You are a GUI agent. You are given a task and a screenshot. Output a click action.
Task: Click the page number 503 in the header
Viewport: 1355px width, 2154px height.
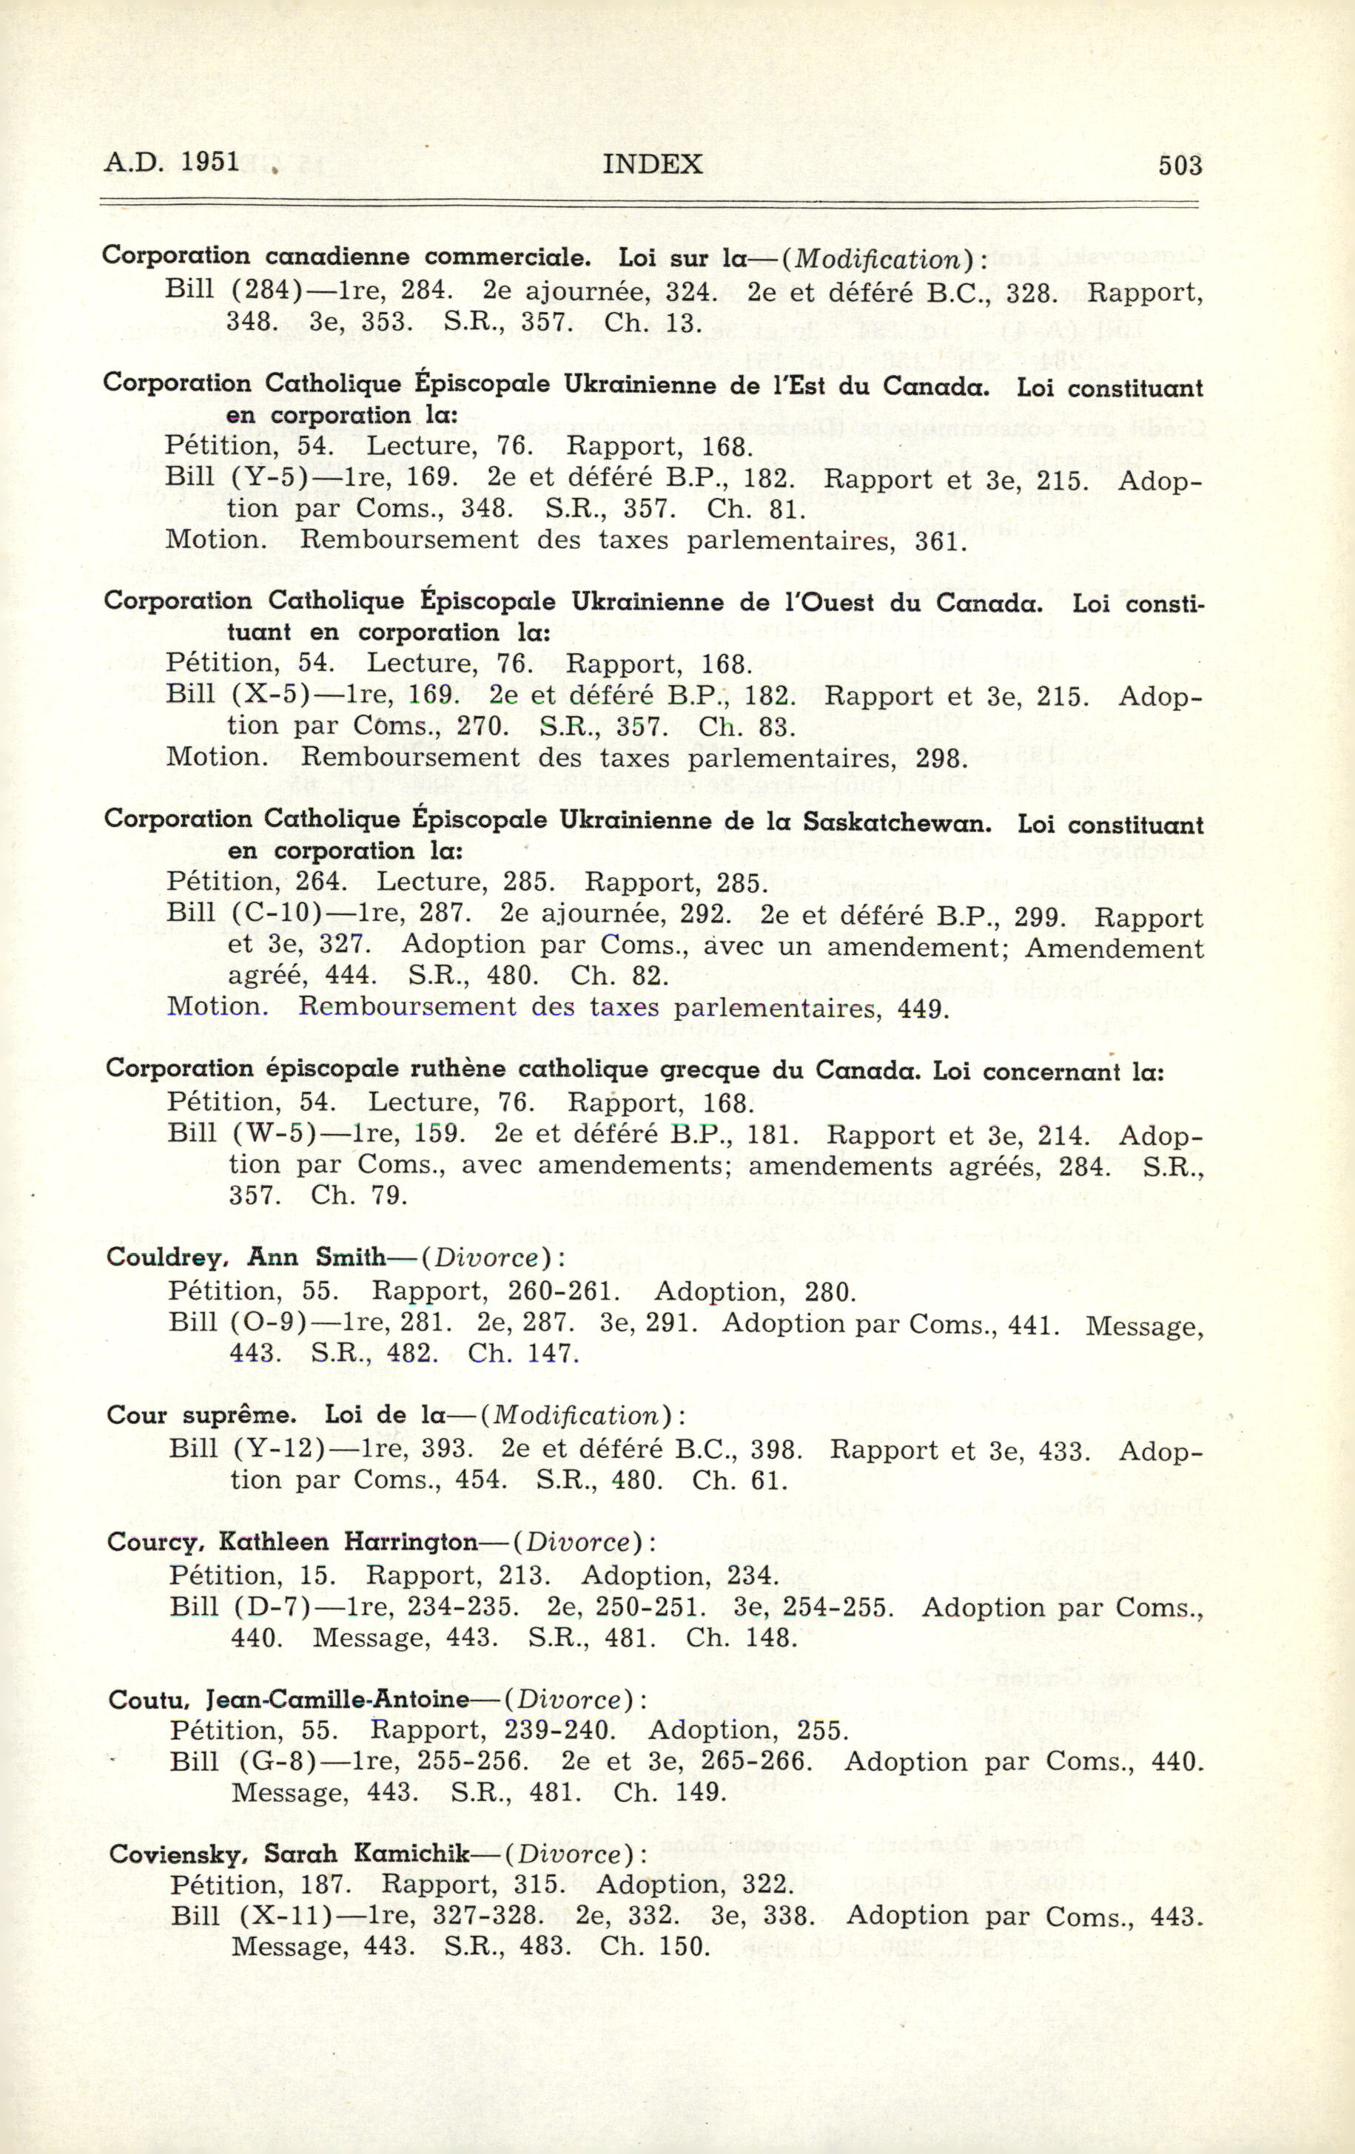tap(1180, 166)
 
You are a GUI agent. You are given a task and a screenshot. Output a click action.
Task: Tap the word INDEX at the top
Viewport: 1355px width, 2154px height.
tap(653, 165)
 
